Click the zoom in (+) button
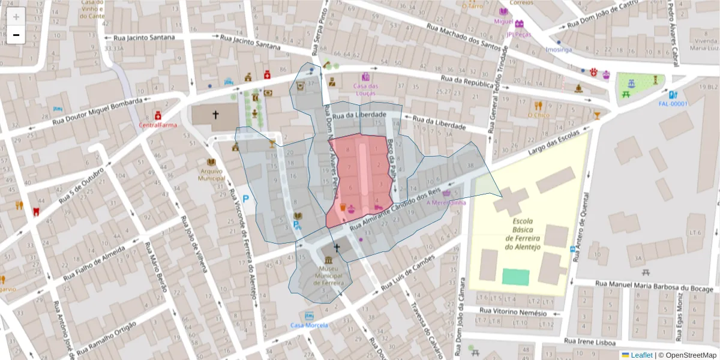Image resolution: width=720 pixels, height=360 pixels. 16,17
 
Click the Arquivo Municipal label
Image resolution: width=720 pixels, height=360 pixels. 211,174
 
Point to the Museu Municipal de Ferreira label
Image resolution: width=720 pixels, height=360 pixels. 328,277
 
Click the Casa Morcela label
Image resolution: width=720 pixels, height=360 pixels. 309,325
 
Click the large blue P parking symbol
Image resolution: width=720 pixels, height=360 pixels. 246,199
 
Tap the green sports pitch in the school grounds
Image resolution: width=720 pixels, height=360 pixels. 515,277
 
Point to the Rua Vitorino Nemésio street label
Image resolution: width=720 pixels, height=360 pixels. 514,312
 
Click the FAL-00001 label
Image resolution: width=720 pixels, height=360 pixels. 673,103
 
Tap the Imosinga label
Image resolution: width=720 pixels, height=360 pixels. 560,50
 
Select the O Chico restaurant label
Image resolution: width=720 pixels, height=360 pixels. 538,115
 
